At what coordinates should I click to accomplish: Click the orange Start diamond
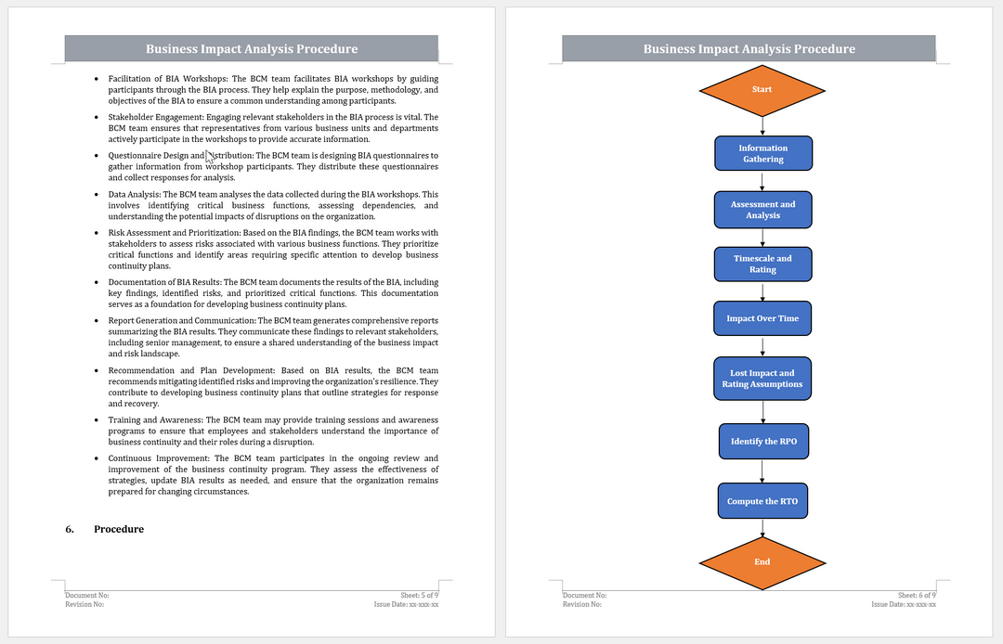[762, 89]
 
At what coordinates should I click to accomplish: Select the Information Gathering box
[762, 153]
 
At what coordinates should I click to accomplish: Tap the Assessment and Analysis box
[762, 210]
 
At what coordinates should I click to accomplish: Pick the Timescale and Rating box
[762, 264]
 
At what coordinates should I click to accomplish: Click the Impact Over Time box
[762, 318]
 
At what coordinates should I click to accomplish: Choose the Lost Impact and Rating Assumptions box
[762, 379]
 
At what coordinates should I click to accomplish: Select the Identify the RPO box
[762, 441]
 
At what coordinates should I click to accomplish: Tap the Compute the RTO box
[762, 501]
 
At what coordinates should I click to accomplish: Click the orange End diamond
[762, 561]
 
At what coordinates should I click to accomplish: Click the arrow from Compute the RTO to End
[762, 528]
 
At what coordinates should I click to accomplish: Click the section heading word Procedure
[119, 529]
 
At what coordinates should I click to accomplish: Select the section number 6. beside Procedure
[70, 529]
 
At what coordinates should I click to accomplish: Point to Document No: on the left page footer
[87, 595]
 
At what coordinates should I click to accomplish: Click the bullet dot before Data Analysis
[97, 195]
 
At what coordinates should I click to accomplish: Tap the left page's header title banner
[252, 49]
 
